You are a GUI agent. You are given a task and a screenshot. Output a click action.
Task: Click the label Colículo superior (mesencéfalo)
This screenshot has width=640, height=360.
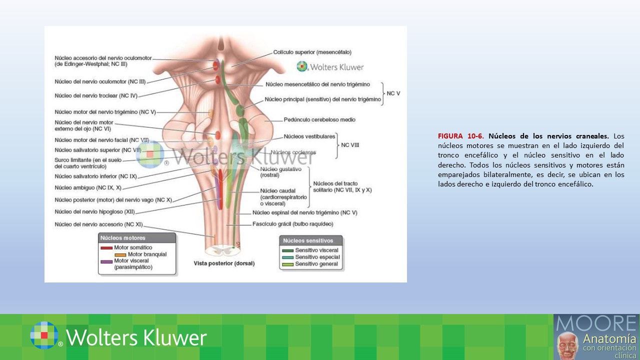312,52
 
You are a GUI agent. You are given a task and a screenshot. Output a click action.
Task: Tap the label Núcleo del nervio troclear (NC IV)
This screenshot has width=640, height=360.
95,95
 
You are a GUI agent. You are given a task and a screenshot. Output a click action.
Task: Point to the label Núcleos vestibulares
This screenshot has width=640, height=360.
309,136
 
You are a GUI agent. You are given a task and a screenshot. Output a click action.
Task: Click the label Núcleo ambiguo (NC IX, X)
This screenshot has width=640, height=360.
88,188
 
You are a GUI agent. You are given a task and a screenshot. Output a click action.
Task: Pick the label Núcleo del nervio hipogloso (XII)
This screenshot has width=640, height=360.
95,211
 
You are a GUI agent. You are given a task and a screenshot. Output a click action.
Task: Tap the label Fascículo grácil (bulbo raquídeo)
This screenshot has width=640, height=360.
292,224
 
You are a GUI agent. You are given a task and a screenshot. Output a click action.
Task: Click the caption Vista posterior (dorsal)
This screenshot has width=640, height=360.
224,263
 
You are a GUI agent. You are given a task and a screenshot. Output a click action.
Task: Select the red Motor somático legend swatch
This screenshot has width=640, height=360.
106,247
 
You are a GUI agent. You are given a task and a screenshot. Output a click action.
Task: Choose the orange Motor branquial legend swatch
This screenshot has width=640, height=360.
120,254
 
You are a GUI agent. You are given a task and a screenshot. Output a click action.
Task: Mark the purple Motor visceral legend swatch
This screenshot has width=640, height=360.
106,261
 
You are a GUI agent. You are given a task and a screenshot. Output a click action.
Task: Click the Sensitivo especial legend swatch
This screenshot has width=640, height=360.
287,257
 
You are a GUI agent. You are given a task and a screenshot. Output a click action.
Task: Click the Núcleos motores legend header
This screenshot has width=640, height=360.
123,238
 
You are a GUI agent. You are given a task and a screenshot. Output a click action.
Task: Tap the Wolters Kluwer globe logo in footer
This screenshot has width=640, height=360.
44,335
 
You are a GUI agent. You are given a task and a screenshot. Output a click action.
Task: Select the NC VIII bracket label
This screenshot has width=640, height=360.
350,145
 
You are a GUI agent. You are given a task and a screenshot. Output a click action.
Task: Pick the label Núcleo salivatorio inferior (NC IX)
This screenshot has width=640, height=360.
95,176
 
